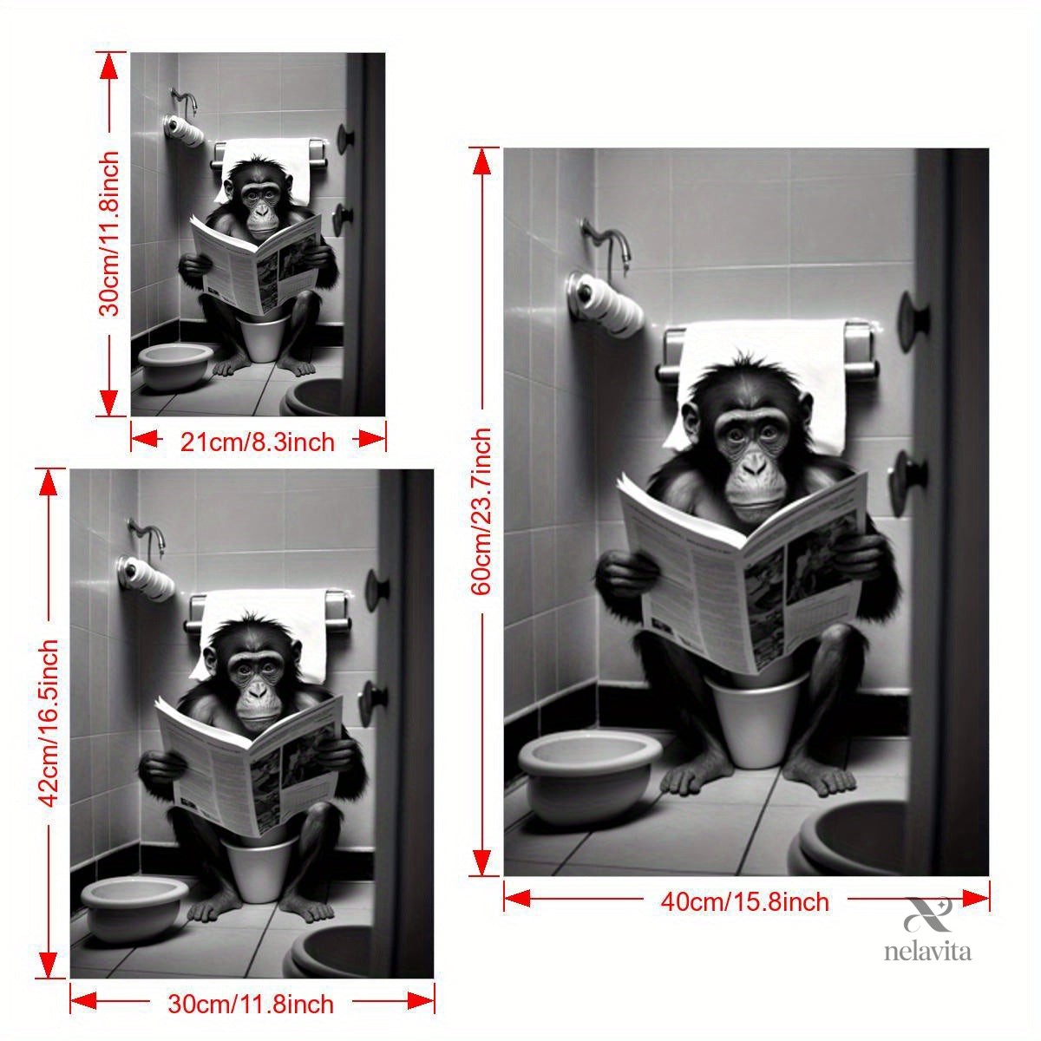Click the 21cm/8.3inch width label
click(x=257, y=442)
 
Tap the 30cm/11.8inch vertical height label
click(x=109, y=232)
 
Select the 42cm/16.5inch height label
click(x=49, y=723)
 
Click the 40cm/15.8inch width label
click(x=744, y=901)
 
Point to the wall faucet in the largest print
click(x=607, y=243)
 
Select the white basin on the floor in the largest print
click(x=590, y=774)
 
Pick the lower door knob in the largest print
click(x=909, y=482)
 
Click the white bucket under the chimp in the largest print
click(x=756, y=722)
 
